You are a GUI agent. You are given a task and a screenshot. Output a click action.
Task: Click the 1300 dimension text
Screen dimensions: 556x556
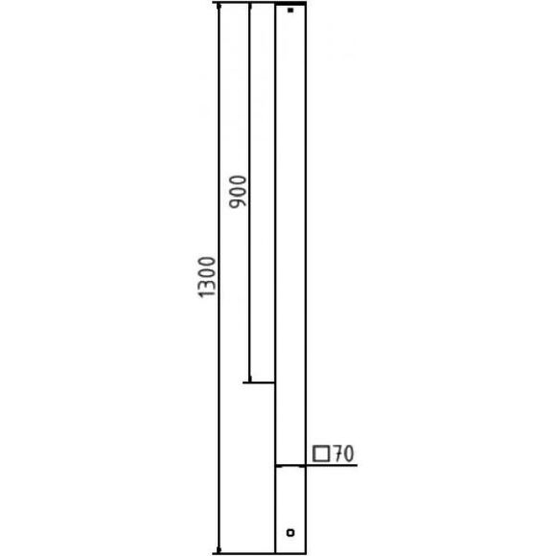206,277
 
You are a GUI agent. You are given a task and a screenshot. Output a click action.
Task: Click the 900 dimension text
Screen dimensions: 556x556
238,192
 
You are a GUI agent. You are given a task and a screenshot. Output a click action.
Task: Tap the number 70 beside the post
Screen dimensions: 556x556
343,453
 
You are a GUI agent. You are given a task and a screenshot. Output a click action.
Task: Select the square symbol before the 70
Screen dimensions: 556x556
321,453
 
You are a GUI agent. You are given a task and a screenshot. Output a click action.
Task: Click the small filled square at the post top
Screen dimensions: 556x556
290,11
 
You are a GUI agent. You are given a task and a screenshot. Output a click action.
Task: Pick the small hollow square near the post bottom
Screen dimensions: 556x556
290,532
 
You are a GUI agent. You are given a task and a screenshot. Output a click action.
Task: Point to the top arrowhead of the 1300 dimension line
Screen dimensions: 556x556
219,7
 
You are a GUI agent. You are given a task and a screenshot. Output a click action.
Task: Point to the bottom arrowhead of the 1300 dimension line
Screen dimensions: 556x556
219,549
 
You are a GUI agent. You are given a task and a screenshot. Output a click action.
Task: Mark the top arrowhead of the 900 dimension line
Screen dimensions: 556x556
249,7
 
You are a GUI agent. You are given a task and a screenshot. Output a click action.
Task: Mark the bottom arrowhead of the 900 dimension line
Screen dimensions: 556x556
250,378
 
